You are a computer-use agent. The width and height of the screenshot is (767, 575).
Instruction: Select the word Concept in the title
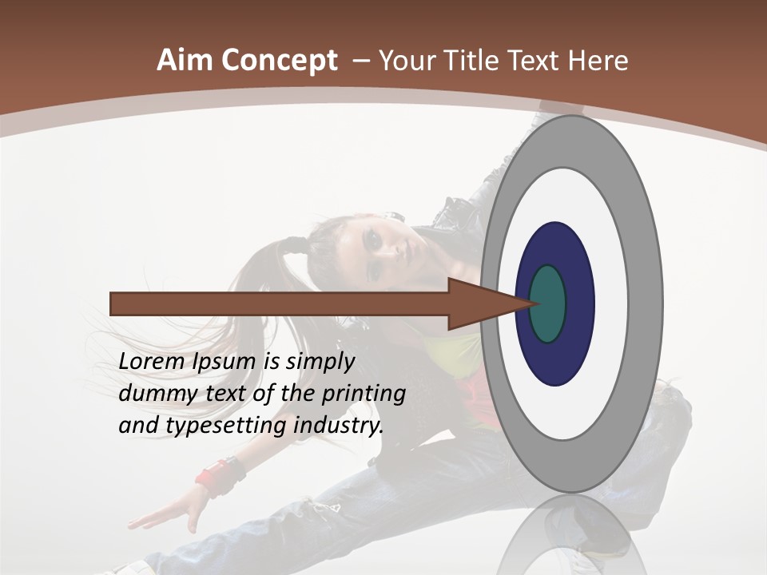pos(277,61)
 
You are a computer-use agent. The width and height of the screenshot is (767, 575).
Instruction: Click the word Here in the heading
pos(598,61)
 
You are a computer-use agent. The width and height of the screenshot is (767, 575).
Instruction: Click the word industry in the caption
pos(339,425)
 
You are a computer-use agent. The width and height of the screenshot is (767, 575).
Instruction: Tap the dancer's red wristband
pos(212,478)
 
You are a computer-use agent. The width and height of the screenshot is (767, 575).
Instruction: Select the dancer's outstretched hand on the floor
pos(164,515)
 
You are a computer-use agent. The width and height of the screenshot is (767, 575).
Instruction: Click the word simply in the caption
pos(320,362)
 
